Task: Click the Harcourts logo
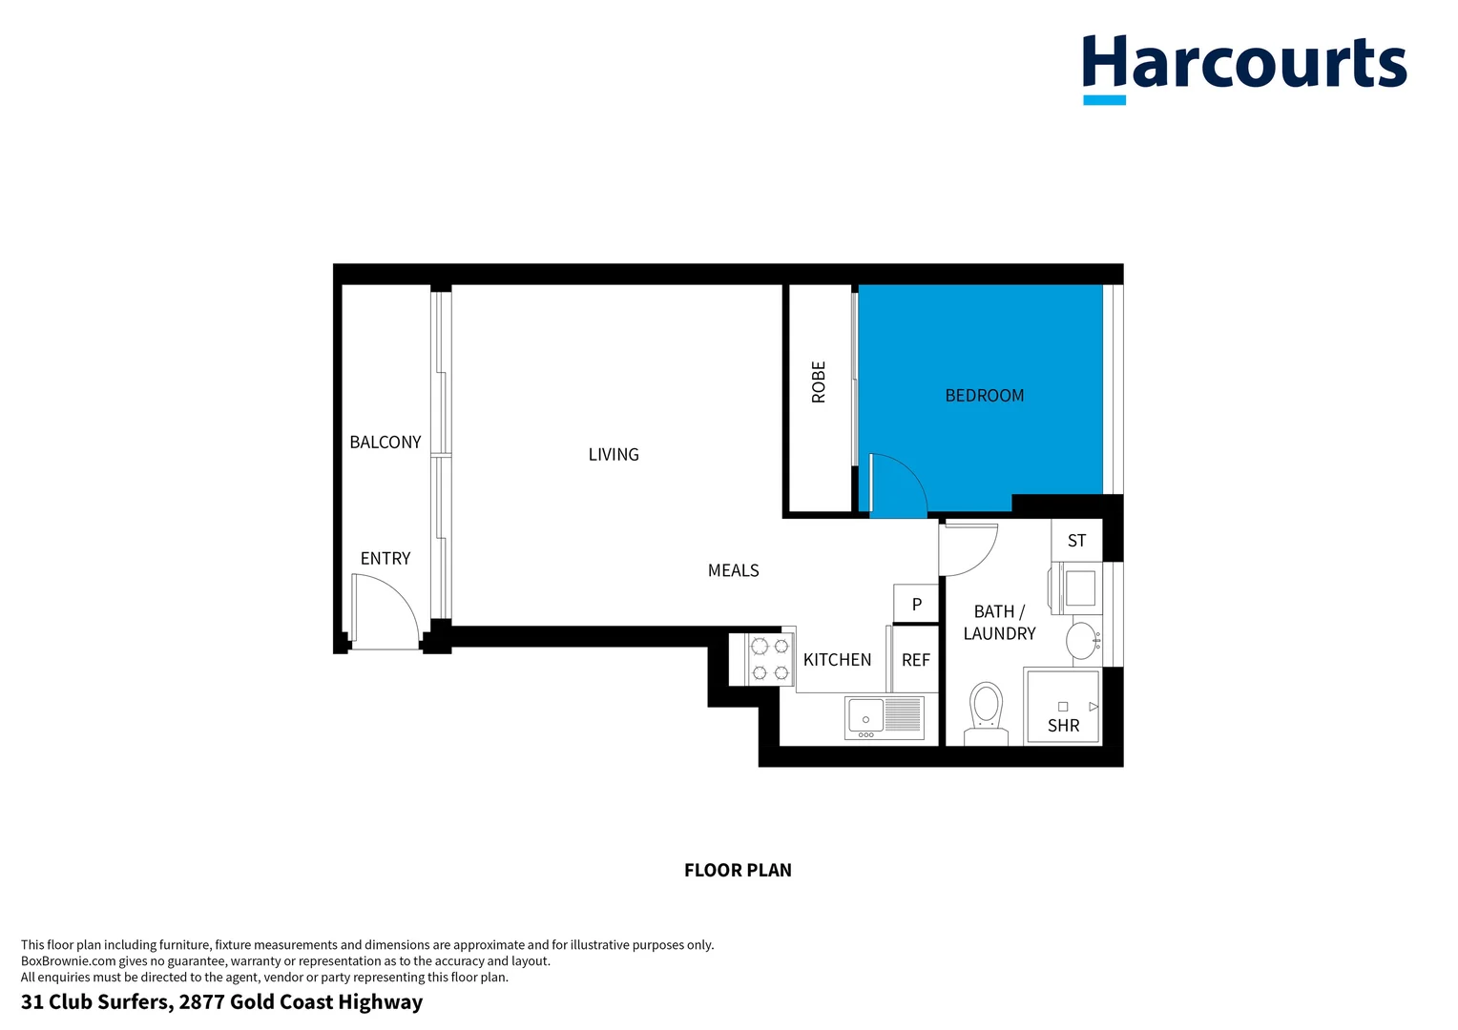(1243, 67)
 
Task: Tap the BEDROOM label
(984, 396)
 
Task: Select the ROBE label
(818, 382)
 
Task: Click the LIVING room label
(614, 455)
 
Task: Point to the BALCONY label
(385, 443)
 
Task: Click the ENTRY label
(385, 559)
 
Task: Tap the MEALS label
(733, 571)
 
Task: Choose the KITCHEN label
(837, 660)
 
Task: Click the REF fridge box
(915, 660)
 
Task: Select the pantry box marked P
(916, 604)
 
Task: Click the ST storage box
(1076, 541)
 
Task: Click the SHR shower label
(1063, 726)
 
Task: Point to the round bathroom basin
(1082, 641)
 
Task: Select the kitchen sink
(885, 718)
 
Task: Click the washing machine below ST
(1078, 588)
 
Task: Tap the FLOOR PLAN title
(738, 871)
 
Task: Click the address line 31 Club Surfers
(221, 1002)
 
